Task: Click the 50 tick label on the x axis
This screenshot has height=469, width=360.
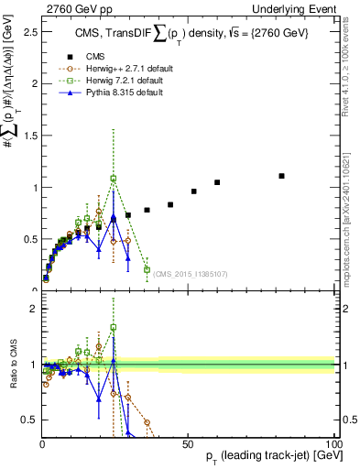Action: click(x=187, y=443)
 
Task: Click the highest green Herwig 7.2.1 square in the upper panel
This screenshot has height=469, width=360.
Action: click(x=114, y=179)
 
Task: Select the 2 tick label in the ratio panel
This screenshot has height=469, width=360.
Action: click(x=32, y=308)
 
